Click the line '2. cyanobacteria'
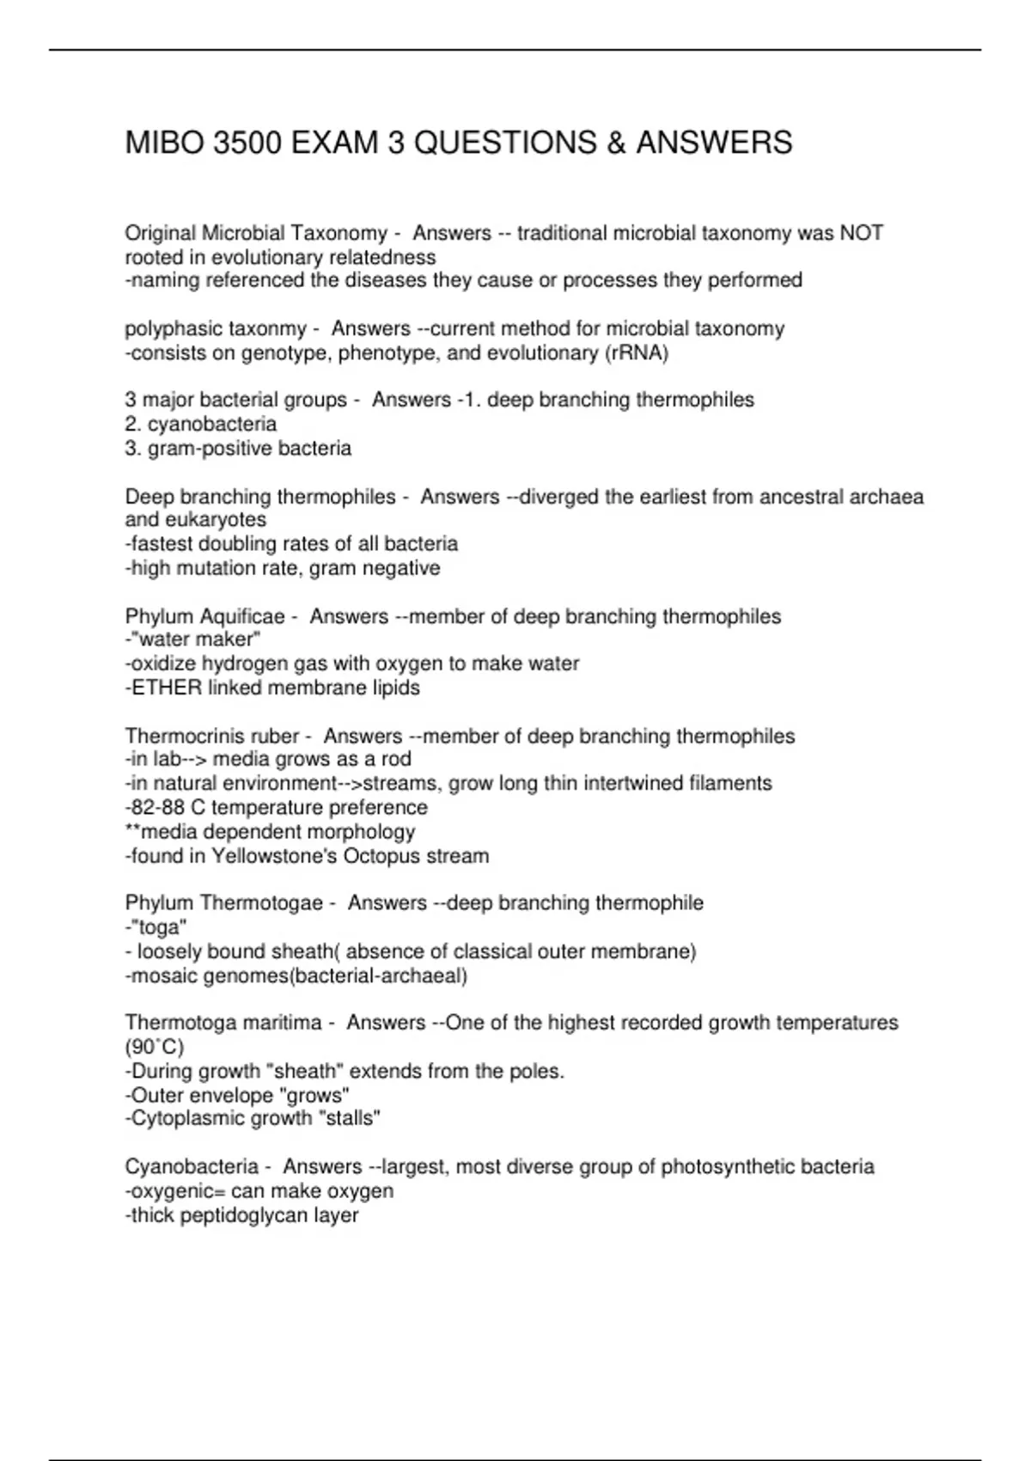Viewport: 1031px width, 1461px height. tap(201, 425)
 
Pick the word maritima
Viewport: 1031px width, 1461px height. tap(279, 1024)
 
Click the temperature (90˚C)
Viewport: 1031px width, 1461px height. tap(155, 1048)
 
